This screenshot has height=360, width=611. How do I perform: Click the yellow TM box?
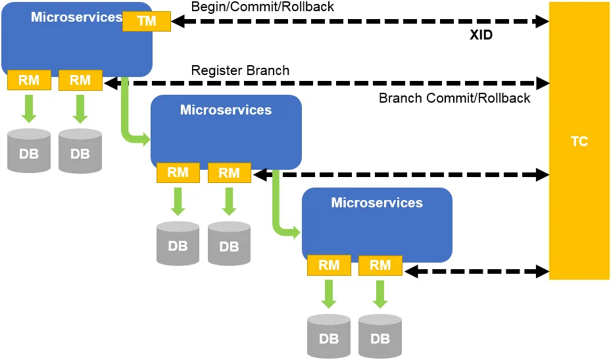[147, 21]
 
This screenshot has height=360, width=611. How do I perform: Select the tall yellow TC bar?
[579, 141]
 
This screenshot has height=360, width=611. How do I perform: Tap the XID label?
[481, 36]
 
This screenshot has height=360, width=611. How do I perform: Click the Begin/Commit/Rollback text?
[262, 7]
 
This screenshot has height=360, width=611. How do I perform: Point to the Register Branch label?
[240, 70]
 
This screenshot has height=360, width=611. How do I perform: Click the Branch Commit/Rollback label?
[454, 98]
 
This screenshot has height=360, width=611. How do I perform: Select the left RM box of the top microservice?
[29, 81]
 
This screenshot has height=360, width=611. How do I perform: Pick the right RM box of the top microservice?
[80, 81]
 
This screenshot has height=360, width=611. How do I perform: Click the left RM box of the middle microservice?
[178, 173]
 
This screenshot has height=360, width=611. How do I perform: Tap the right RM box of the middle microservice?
[229, 174]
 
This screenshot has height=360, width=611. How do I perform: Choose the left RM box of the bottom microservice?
[329, 266]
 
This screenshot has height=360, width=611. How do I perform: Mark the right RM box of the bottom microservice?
[380, 266]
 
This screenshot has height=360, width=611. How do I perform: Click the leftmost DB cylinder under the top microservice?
[29, 151]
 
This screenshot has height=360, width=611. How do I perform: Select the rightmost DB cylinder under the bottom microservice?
[379, 336]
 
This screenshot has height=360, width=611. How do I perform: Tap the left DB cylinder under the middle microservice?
[178, 244]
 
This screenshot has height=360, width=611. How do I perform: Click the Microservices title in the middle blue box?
[226, 110]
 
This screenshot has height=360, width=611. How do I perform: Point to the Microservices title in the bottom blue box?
[377, 203]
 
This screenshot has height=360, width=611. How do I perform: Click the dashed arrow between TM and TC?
[360, 22]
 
